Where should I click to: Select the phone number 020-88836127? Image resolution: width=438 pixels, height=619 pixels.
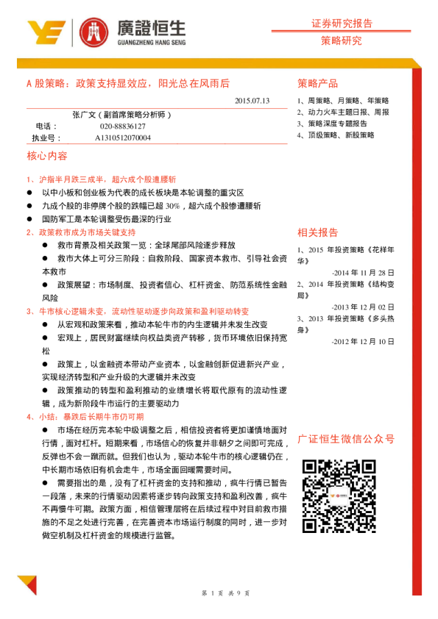click(x=120, y=126)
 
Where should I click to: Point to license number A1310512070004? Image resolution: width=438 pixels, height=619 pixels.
click(x=123, y=137)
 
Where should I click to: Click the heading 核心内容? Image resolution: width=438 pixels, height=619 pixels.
click(x=47, y=157)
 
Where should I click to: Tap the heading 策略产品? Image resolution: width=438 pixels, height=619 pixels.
click(x=318, y=82)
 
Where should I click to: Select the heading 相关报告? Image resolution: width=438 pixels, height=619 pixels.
click(x=318, y=233)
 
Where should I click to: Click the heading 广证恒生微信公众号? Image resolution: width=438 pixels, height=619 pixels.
click(x=346, y=440)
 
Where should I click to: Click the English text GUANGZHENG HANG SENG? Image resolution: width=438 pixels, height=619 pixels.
click(x=151, y=43)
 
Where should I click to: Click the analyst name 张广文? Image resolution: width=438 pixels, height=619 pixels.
click(x=85, y=115)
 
